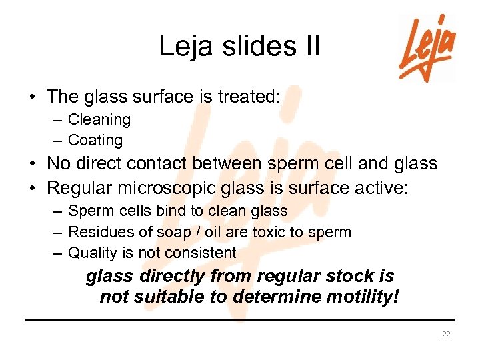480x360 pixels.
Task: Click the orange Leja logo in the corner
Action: coord(427,48)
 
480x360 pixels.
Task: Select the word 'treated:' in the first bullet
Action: coord(247,97)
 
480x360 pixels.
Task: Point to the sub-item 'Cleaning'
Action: coord(99,120)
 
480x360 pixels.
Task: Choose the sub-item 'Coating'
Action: coord(95,141)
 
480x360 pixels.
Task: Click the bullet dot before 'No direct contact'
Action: coord(32,164)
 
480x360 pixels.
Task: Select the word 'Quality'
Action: coord(92,253)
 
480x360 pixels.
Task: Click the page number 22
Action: coord(446,334)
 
